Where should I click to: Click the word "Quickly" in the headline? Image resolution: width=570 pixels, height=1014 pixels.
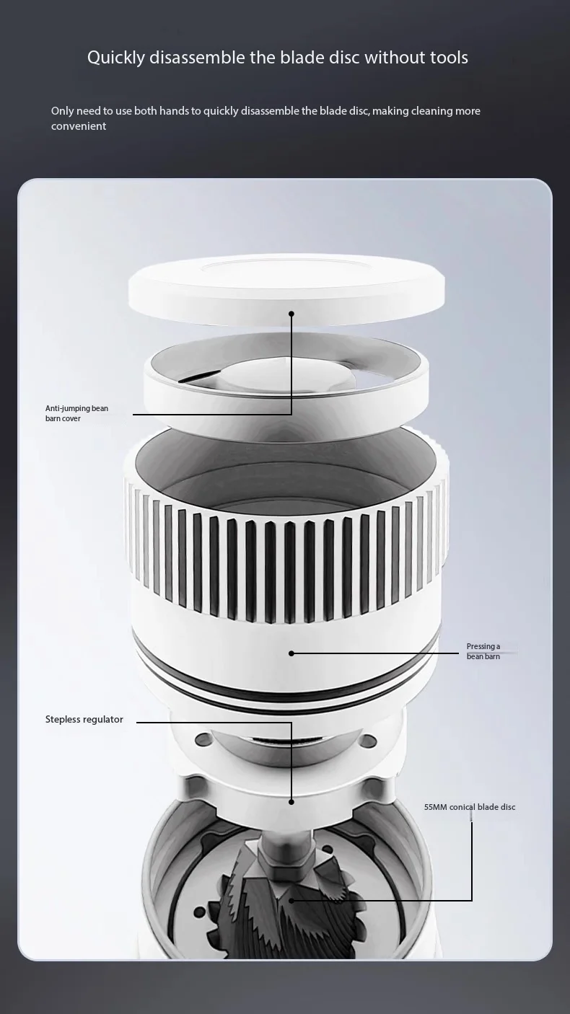point(116,58)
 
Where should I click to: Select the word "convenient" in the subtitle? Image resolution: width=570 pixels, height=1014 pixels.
point(79,125)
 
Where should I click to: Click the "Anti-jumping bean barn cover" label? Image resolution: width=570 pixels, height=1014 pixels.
point(76,413)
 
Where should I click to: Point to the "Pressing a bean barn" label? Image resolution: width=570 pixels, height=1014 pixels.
point(483,651)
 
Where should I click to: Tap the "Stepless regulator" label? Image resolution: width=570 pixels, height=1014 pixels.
point(84,719)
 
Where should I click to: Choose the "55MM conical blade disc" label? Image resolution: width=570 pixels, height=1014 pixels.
point(470,807)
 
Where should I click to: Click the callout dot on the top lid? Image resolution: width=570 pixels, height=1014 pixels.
point(291,314)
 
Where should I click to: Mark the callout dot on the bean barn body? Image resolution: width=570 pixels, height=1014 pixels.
point(291,653)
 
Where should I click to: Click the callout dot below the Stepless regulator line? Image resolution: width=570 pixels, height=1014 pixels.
point(291,802)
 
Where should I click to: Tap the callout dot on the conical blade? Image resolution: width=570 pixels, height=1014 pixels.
point(291,900)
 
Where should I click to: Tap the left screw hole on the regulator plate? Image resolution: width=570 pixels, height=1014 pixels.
point(203,740)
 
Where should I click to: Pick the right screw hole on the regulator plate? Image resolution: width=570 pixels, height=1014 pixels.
point(369,741)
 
